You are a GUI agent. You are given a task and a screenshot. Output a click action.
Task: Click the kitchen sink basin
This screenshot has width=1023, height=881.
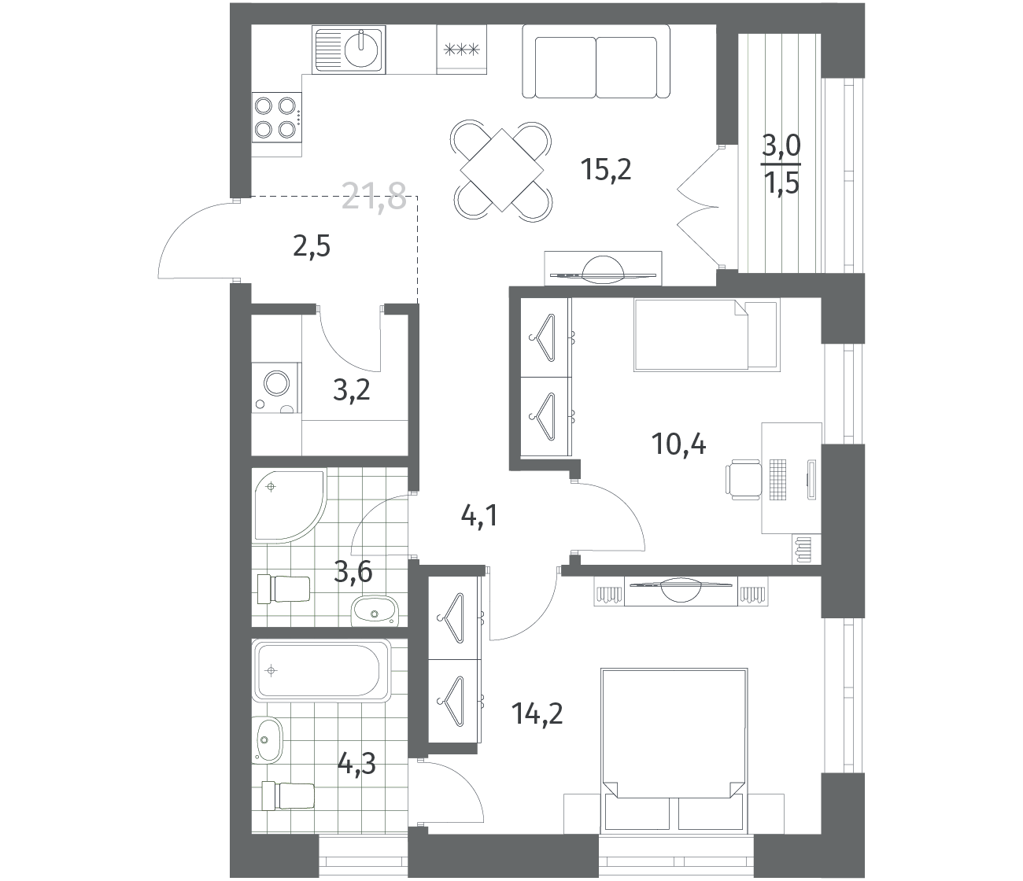point(362,50)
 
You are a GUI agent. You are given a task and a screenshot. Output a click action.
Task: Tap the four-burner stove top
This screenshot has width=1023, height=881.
point(276,118)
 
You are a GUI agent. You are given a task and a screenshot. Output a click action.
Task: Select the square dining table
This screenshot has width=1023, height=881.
point(501,170)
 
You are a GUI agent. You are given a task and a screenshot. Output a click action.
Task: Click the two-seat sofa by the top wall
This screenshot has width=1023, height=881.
point(596,62)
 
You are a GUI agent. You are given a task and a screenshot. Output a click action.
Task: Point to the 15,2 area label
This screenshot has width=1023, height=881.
point(607,169)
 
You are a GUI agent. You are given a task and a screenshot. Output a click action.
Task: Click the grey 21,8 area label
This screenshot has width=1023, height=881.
point(374,196)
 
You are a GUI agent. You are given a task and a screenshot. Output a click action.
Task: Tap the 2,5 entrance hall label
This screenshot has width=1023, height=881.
point(312,246)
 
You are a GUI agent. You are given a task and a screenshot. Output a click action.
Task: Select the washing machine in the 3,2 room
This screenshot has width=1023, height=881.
point(276,388)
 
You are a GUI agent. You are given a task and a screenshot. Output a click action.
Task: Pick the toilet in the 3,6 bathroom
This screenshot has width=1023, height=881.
point(283,588)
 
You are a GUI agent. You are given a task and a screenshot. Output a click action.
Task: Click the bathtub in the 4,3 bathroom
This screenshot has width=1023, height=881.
point(321,671)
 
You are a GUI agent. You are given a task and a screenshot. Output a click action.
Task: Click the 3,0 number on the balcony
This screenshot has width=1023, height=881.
point(781,146)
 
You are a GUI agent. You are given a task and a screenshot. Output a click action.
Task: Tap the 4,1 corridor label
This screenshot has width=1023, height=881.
point(479,517)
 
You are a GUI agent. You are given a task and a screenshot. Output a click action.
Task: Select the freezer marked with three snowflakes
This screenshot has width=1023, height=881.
point(462,50)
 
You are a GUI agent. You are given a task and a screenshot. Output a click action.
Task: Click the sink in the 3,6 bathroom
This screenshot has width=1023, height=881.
point(375,611)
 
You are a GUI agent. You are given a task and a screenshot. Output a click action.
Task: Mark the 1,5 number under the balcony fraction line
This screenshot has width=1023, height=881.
point(781,183)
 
